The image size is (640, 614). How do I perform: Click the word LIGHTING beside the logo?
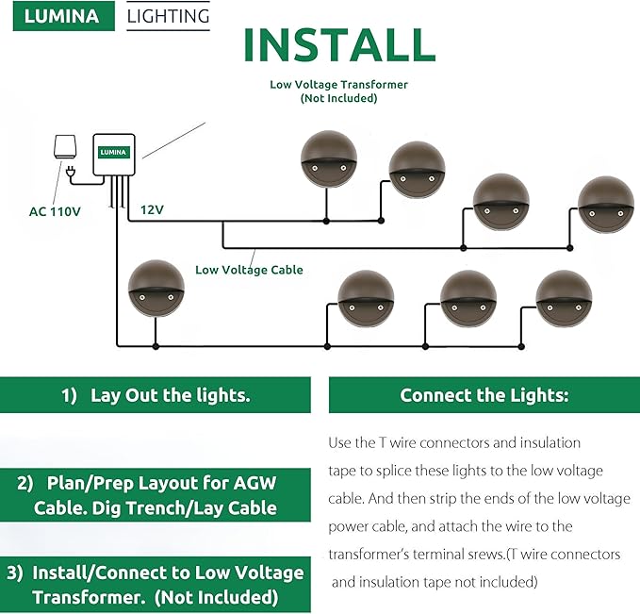[x=168, y=16]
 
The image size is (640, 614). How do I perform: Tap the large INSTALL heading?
[x=339, y=44]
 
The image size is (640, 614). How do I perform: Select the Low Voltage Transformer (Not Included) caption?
[x=338, y=91]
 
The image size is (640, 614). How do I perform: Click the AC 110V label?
[x=55, y=211]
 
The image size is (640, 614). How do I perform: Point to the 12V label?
[x=153, y=208]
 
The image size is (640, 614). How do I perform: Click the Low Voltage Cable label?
[x=249, y=270]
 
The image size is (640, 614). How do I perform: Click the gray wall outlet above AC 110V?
[x=64, y=147]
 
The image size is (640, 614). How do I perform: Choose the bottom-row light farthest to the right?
[x=564, y=298]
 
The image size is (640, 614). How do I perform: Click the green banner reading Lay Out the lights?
[x=156, y=395]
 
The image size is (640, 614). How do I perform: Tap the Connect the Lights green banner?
[x=484, y=395]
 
